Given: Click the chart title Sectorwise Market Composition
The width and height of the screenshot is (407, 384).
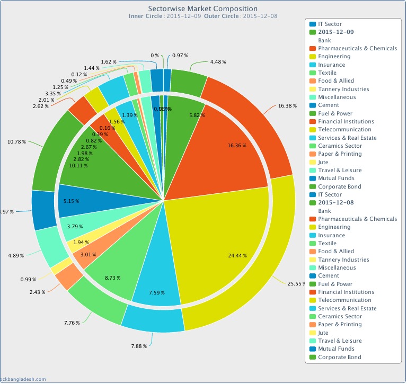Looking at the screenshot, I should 203,8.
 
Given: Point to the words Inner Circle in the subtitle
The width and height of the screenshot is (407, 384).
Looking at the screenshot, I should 146,16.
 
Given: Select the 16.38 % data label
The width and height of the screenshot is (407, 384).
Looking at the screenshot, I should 288,106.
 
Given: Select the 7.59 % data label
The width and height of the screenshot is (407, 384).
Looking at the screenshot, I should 156,292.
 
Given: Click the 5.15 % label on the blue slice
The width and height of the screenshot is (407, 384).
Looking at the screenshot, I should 71,202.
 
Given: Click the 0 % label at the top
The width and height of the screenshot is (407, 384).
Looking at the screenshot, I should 154,55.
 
